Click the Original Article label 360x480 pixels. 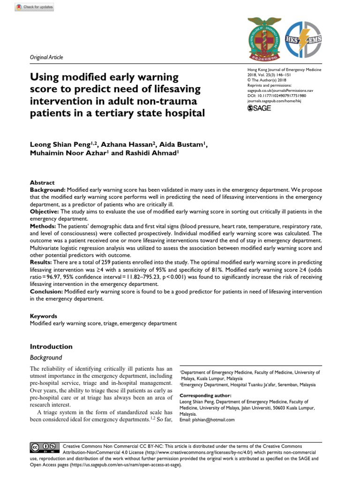(x=46, y=57)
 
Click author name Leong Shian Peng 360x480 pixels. (x=63, y=145)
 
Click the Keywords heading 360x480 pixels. (x=44, y=316)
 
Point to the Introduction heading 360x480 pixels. (x=51, y=346)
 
